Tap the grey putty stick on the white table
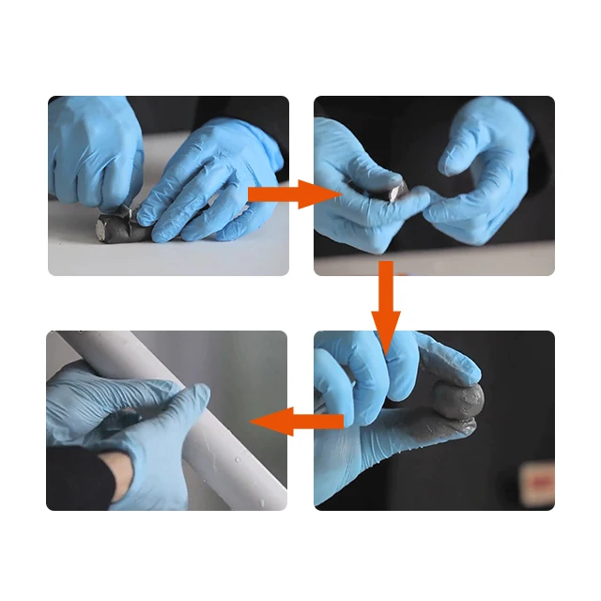[116, 226]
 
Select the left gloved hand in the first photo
[94, 150]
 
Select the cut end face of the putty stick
[100, 226]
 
